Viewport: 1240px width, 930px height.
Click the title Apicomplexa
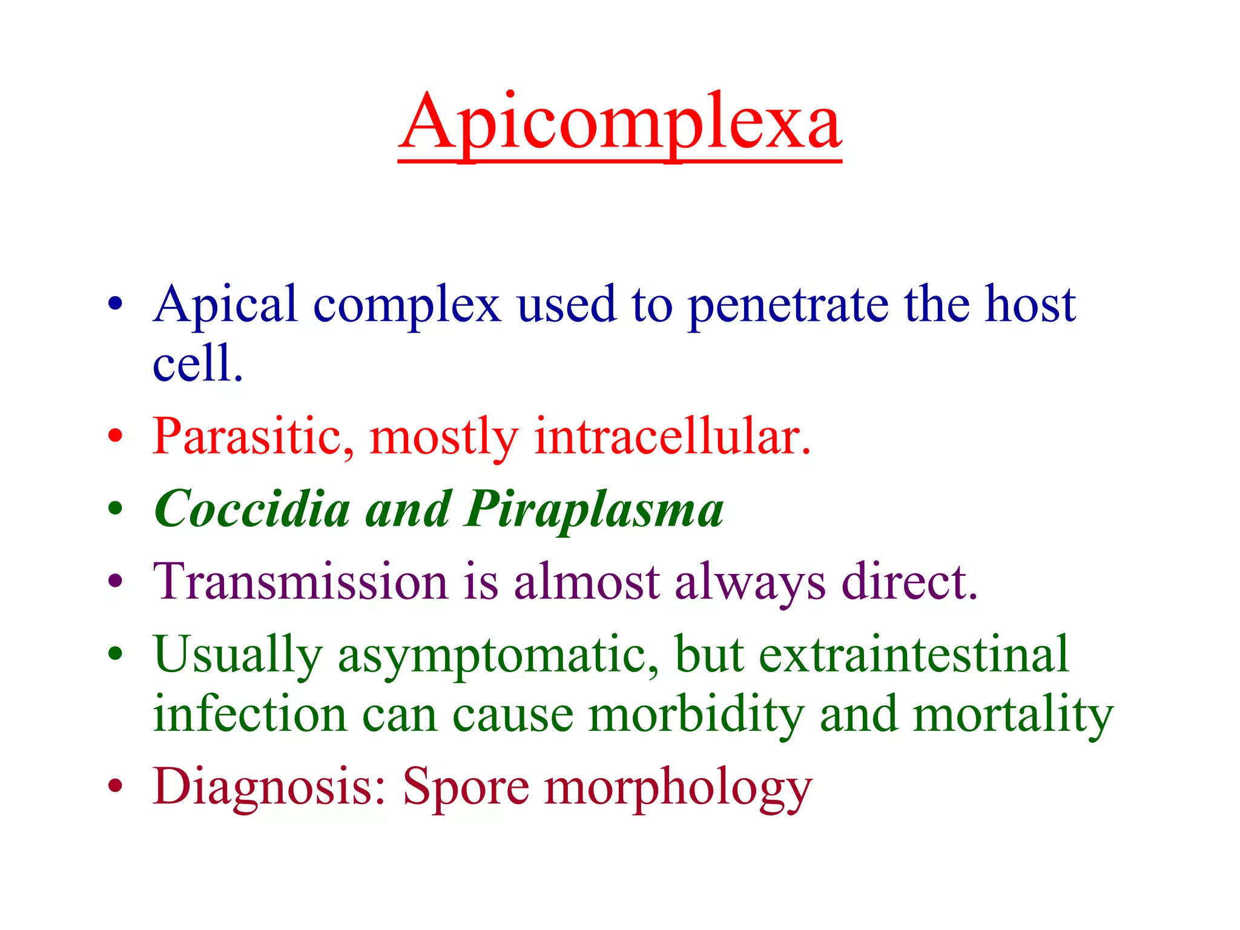619,124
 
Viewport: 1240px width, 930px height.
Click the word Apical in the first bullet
225,305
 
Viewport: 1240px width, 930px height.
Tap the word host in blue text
1030,305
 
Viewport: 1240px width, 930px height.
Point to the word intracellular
672,437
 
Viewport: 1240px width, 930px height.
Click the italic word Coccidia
252,509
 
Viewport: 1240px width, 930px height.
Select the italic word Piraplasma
595,510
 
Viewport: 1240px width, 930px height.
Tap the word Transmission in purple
300,582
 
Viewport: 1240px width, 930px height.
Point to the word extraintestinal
914,655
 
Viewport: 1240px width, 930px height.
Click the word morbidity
696,715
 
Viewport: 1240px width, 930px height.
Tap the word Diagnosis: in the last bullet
269,788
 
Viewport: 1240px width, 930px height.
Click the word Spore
466,788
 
